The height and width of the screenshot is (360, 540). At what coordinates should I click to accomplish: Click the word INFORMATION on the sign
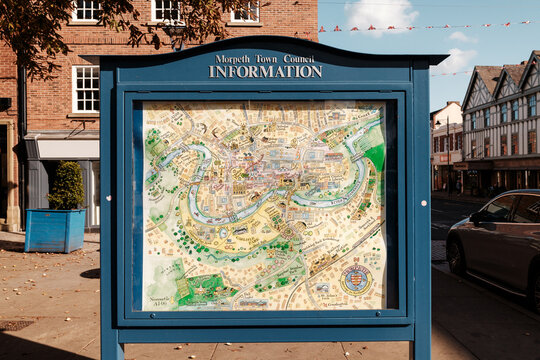coord(265,72)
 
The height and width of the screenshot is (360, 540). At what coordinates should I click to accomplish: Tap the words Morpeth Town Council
coord(265,59)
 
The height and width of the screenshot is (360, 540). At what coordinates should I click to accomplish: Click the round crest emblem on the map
coord(355,278)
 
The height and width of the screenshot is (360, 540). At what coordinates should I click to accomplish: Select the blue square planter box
coord(54,230)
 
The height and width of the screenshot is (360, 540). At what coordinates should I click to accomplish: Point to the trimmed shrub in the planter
coord(67,186)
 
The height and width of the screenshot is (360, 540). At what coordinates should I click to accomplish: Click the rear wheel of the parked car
coord(456,256)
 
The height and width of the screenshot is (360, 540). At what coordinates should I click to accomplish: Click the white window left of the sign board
coord(86,89)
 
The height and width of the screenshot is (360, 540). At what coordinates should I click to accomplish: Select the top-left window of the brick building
coord(86,10)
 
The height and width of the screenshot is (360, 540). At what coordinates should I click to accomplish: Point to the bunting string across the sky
coord(420,26)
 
